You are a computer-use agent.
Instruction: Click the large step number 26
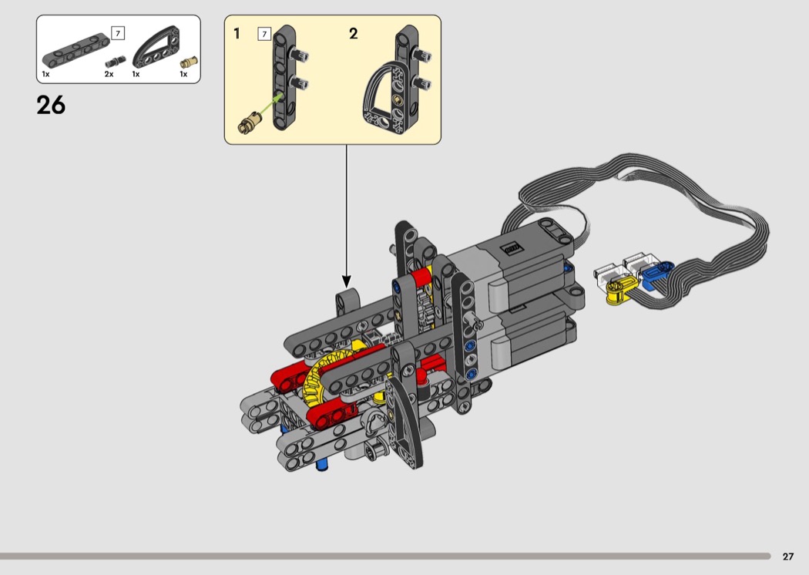tap(51, 105)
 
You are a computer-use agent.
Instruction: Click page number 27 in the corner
tap(788, 557)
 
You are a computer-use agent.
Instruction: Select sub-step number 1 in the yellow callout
tap(237, 34)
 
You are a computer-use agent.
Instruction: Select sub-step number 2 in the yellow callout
tap(354, 34)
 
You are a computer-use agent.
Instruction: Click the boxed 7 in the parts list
tap(118, 34)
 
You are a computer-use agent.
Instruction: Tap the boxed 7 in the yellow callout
tap(264, 34)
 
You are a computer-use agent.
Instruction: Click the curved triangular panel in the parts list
tap(157, 47)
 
